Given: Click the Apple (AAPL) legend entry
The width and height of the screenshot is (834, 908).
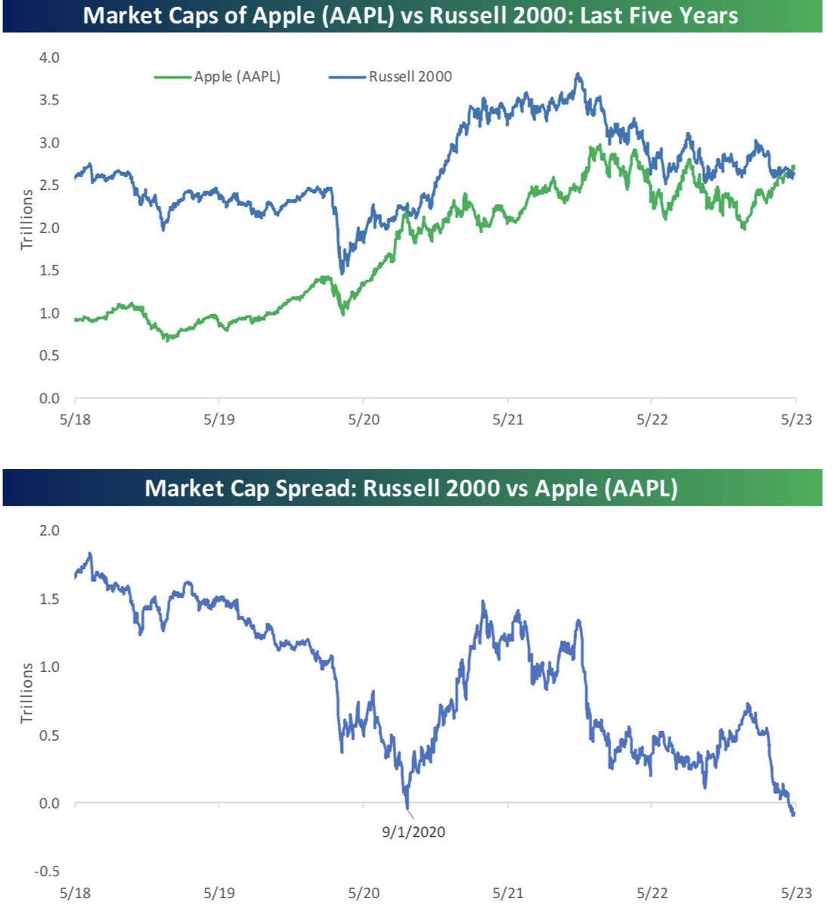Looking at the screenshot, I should [x=237, y=76].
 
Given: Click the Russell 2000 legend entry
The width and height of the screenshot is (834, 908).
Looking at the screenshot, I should [x=410, y=76].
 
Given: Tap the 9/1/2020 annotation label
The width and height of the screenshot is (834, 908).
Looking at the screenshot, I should [x=413, y=832].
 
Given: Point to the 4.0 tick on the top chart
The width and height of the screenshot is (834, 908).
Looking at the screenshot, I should [x=50, y=58].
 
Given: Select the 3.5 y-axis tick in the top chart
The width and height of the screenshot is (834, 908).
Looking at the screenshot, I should [x=50, y=100].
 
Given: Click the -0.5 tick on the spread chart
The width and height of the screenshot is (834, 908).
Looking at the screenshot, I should [x=47, y=872].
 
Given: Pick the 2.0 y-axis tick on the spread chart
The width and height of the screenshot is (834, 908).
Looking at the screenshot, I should [x=50, y=530].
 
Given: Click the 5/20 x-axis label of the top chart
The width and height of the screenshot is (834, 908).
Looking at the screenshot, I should [x=364, y=419].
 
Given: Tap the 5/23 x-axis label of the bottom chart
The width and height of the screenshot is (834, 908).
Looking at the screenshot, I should [x=795, y=893].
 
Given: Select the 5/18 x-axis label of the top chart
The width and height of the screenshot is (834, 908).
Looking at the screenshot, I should [x=75, y=419].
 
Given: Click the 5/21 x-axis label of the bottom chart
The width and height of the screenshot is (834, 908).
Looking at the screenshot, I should [x=508, y=893].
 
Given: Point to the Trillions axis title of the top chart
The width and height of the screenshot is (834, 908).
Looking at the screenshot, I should [x=27, y=219].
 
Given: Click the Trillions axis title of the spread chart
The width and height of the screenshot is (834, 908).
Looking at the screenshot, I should [x=27, y=693].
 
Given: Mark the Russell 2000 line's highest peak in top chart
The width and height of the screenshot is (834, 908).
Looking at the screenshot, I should [x=578, y=74].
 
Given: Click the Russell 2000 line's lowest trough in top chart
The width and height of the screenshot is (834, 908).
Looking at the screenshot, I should [x=343, y=272].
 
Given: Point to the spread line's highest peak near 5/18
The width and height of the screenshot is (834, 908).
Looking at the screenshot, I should [x=90, y=554].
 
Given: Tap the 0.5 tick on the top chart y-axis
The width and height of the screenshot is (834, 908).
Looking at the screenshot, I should [x=50, y=356].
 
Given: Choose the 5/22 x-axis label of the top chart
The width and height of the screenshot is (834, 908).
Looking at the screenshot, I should [x=652, y=419].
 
